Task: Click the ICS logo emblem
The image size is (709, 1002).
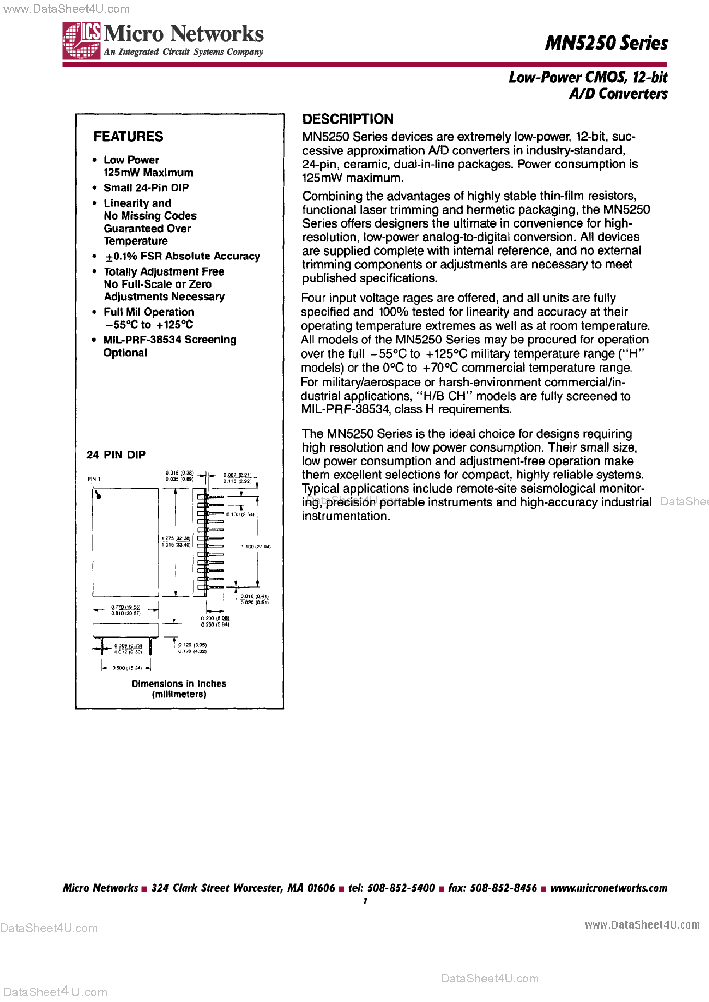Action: pos(81,40)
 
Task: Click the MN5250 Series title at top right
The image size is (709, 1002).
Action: pos(606,43)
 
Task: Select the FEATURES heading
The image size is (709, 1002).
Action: pos(128,137)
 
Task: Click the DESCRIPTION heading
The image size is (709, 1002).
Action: pos(348,119)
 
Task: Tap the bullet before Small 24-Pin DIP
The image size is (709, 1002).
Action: pos(94,188)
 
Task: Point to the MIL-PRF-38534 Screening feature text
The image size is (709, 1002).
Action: pos(170,340)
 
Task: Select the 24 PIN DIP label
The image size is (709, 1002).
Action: pos(116,455)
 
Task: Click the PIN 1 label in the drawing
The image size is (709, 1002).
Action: pos(94,479)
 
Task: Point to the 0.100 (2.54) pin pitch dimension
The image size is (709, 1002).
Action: pos(240,514)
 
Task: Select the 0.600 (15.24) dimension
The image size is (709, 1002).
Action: pos(127,668)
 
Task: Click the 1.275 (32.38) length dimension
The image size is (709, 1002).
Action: pos(176,538)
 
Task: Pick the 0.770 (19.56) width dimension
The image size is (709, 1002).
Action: pos(125,607)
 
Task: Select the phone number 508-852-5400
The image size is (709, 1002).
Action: pos(401,888)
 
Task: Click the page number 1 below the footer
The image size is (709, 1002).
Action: pos(365,901)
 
